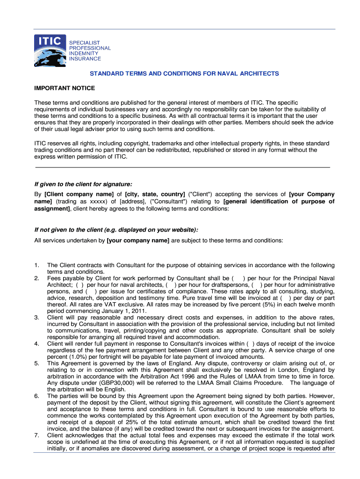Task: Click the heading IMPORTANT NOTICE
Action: coord(65,88)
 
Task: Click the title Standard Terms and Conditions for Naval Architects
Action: coord(184,74)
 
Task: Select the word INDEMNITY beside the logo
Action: coord(85,53)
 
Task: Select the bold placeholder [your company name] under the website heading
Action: coord(138,240)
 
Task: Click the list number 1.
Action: coord(37,265)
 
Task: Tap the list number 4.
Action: coord(37,344)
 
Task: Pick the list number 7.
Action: coord(37,435)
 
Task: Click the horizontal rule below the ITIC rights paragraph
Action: coord(183,167)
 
